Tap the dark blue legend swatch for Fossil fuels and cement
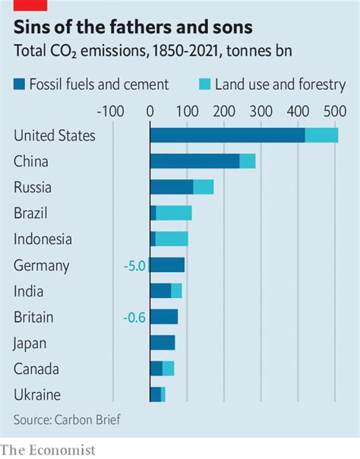(x=20, y=84)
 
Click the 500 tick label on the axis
(x=336, y=112)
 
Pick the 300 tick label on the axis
(x=261, y=112)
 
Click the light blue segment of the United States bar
(x=321, y=135)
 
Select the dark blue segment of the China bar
(x=194, y=161)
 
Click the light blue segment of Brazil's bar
(x=174, y=213)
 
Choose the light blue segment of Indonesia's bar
(x=172, y=239)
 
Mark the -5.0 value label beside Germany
(x=134, y=265)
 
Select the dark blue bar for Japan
(x=163, y=343)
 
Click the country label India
(x=28, y=291)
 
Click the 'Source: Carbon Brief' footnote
(x=66, y=419)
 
